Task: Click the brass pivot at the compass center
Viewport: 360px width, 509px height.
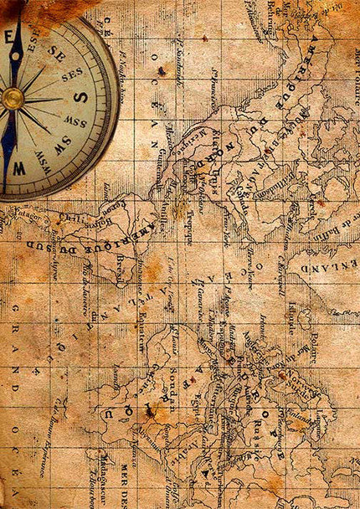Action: (x=13, y=99)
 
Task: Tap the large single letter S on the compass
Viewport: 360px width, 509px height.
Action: (x=80, y=95)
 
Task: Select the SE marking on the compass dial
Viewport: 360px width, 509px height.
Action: (x=57, y=52)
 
